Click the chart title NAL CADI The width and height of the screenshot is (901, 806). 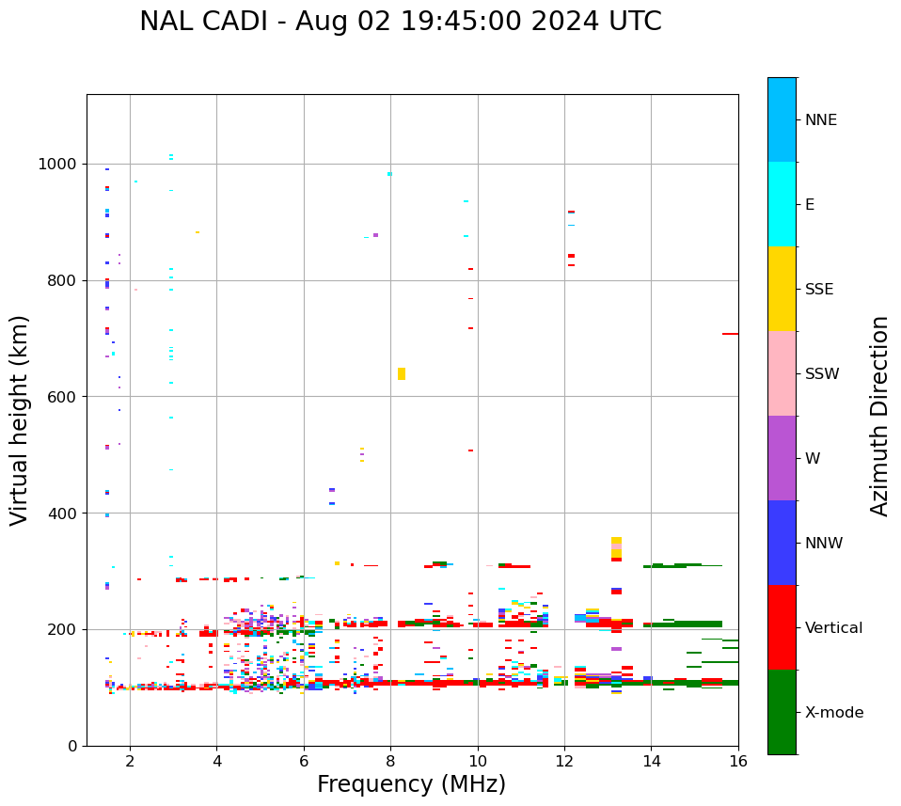point(400,22)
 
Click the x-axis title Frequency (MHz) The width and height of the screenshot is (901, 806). point(411,783)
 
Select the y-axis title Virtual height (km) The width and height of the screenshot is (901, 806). point(20,419)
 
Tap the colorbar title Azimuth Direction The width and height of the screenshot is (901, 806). point(879,416)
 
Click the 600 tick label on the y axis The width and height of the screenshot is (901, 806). point(63,397)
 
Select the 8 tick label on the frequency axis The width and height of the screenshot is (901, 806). point(390,761)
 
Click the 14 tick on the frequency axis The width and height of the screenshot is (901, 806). point(651,761)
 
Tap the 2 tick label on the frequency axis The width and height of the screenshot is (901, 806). point(130,761)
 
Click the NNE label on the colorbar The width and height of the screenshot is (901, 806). point(820,120)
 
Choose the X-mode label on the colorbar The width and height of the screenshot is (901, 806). point(833,713)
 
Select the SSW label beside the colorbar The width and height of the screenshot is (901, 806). point(822,374)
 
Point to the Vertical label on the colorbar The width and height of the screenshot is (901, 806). point(834,628)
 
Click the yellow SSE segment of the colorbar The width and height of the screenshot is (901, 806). point(782,289)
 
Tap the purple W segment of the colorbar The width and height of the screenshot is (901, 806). point(782,458)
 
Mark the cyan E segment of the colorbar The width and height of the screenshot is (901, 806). point(782,204)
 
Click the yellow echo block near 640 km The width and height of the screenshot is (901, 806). point(402,373)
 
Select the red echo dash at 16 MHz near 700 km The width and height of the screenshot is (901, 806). point(730,334)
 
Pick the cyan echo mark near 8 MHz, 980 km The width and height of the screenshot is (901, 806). point(389,174)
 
